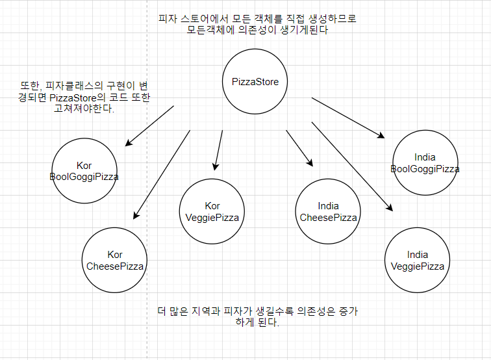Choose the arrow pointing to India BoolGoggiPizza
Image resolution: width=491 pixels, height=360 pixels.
coord(348,118)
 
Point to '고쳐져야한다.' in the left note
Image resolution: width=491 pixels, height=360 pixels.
coord(84,109)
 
